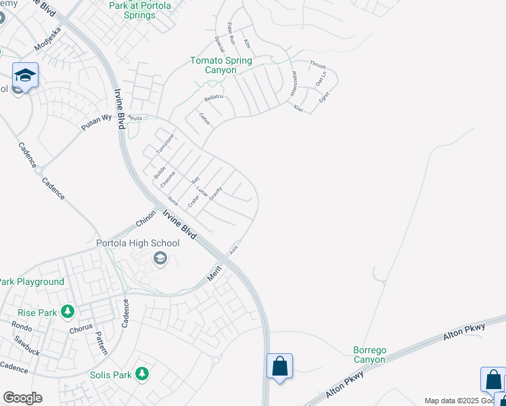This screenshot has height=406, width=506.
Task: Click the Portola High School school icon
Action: pos(160,258)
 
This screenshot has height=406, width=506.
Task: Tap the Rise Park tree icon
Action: pos(67,311)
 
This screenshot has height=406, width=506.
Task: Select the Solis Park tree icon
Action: pos(141,374)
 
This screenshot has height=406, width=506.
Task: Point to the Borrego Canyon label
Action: pos(369,355)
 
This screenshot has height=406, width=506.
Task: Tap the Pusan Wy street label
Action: pos(96,120)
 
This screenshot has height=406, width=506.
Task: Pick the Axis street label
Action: pos(233,250)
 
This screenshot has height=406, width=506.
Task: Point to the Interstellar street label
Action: pos(294,83)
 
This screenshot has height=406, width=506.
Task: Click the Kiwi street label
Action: pos(298,108)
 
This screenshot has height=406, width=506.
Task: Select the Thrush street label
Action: pos(317,65)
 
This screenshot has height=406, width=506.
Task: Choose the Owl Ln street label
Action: pos(321,78)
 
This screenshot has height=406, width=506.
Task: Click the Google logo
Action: pos(22,398)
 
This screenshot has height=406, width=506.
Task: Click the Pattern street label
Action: pos(101,342)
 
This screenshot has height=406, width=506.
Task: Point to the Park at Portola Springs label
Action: pos(140,10)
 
